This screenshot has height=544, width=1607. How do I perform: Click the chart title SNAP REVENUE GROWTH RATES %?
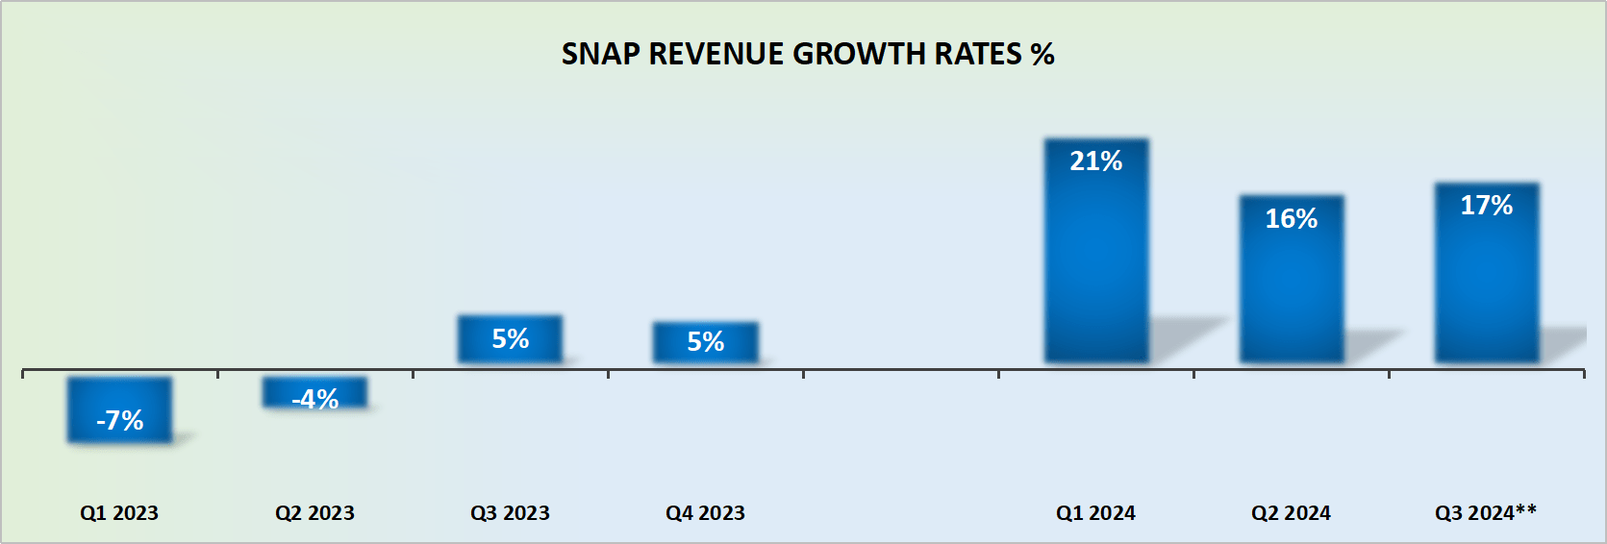[807, 54]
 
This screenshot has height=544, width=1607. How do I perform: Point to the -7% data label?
[119, 420]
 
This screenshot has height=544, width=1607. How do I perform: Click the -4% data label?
[314, 399]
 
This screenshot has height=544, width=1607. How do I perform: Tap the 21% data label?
[1096, 161]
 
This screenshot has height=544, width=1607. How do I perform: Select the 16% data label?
[1292, 219]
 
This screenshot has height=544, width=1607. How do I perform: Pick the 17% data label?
[1487, 206]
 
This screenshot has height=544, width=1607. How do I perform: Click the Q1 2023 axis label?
[119, 513]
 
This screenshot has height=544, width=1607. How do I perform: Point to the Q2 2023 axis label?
[314, 513]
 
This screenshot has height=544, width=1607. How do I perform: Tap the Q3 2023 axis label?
[510, 513]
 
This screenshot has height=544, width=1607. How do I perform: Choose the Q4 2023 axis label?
[705, 513]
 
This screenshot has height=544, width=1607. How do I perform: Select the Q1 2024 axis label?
[1095, 513]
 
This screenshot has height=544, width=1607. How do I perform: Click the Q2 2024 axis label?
[1291, 513]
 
